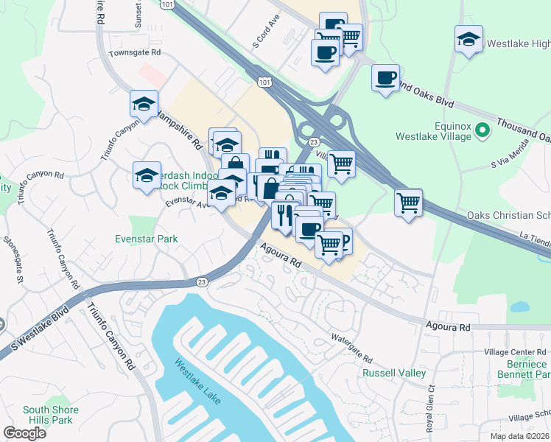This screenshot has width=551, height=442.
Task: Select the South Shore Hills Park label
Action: (48, 415)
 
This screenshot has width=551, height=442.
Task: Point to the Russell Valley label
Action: (394, 373)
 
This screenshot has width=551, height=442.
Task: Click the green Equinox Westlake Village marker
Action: (483, 131)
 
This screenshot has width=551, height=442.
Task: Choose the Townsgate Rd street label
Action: (134, 53)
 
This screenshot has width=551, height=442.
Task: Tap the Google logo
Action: (25, 433)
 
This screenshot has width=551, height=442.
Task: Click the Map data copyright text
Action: (519, 436)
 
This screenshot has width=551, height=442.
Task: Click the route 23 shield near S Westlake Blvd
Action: (203, 281)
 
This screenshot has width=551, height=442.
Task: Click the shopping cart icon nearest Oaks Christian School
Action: (409, 202)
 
